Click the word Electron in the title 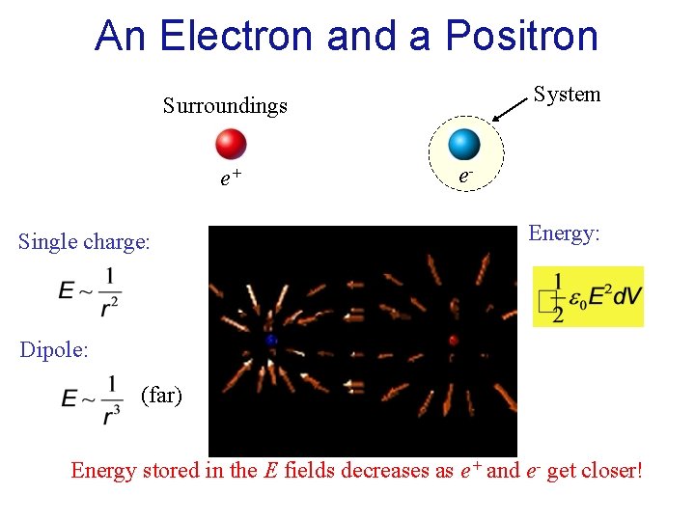pyautogui.click(x=237, y=36)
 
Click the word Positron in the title pyautogui.click(x=521, y=36)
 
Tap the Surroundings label pyautogui.click(x=225, y=105)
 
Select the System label pyautogui.click(x=567, y=94)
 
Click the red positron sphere pyautogui.click(x=231, y=144)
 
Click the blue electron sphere pyautogui.click(x=464, y=144)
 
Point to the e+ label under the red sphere pyautogui.click(x=231, y=178)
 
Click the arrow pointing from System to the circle pyautogui.click(x=511, y=108)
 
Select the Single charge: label pyautogui.click(x=84, y=241)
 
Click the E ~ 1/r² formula pyautogui.click(x=90, y=288)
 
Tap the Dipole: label pyautogui.click(x=54, y=349)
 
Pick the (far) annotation pyautogui.click(x=161, y=395)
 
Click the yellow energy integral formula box pyautogui.click(x=588, y=296)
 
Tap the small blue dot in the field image pyautogui.click(x=272, y=341)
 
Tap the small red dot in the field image pyautogui.click(x=453, y=340)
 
